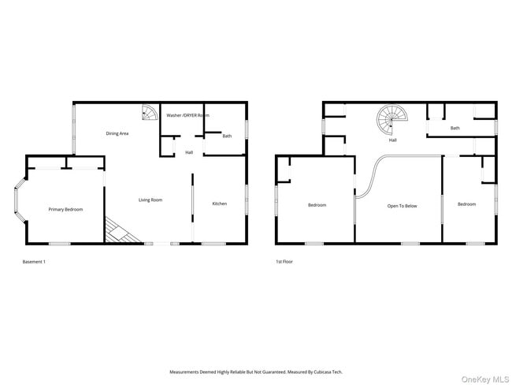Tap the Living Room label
150,200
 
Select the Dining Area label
117,133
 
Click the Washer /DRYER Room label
187,115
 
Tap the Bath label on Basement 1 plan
227,136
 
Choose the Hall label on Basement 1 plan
189,152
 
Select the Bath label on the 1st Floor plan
455,128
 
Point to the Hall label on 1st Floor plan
392,140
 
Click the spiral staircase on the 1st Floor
390,121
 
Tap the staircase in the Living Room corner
120,231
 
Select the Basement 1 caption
35,261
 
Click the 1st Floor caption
284,261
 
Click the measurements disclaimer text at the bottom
256,372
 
